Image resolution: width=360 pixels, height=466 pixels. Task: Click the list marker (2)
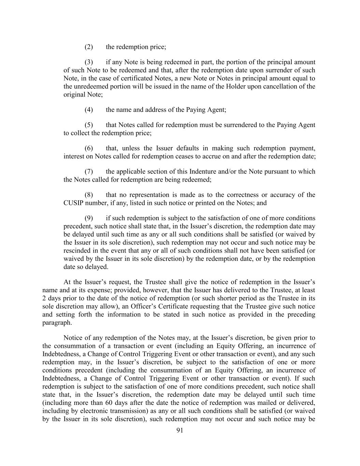pos(89,47)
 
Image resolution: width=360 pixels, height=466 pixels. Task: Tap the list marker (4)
pos(89,110)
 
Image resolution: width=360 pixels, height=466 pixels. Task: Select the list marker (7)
pos(89,171)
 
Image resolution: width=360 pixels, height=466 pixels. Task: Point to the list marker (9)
pos(89,218)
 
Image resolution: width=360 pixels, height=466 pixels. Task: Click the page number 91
pos(180,430)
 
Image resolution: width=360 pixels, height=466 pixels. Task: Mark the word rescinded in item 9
pos(75,251)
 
